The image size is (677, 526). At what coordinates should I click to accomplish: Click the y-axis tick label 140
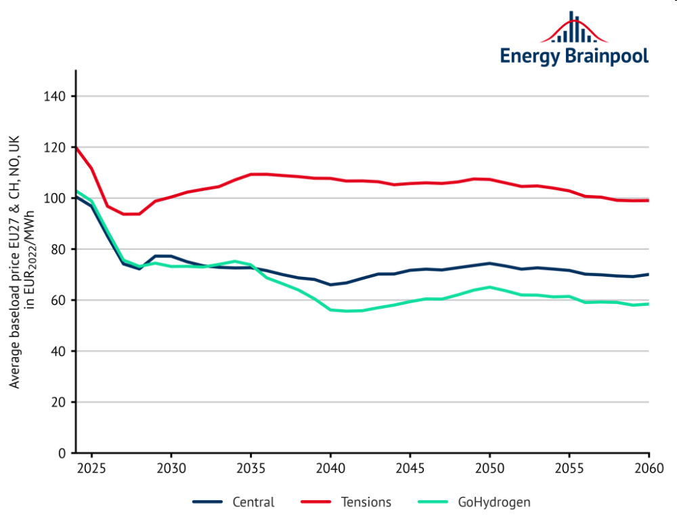point(56,97)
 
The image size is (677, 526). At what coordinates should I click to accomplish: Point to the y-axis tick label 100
point(56,198)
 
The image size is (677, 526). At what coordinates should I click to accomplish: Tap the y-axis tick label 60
point(59,301)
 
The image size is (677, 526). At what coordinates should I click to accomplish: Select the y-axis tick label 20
point(59,402)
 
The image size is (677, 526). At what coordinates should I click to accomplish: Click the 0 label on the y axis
point(62,453)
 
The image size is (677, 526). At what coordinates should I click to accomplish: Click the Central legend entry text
point(254,502)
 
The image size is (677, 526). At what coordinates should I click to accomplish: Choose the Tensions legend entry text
point(366,502)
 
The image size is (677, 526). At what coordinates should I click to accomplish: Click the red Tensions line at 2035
point(250,174)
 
